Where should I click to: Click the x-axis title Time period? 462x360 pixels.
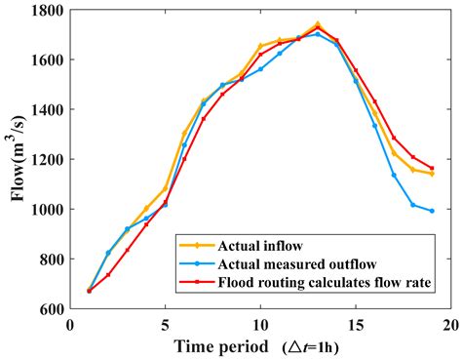(222, 346)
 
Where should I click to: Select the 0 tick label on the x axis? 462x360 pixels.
(69, 323)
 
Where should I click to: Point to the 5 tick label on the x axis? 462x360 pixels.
(165, 323)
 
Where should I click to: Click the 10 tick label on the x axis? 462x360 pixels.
(260, 323)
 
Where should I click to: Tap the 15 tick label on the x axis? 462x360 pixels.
(356, 323)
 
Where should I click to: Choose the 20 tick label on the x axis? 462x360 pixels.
(450, 323)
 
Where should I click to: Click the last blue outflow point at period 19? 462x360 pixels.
(432, 211)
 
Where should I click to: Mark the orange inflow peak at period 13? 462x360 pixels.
(318, 24)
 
